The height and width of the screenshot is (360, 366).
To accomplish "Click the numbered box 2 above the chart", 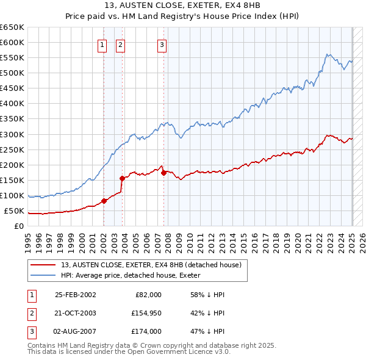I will pos(120,44).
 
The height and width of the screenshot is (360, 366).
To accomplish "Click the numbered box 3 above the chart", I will pos(162,44).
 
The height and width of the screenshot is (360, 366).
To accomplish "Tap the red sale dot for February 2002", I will pos(104,201).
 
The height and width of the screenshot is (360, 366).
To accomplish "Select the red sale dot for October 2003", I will pos(123,179).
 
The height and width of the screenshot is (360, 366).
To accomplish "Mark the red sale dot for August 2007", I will pos(164,173).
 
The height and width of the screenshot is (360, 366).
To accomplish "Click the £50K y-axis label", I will pos(14,211).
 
